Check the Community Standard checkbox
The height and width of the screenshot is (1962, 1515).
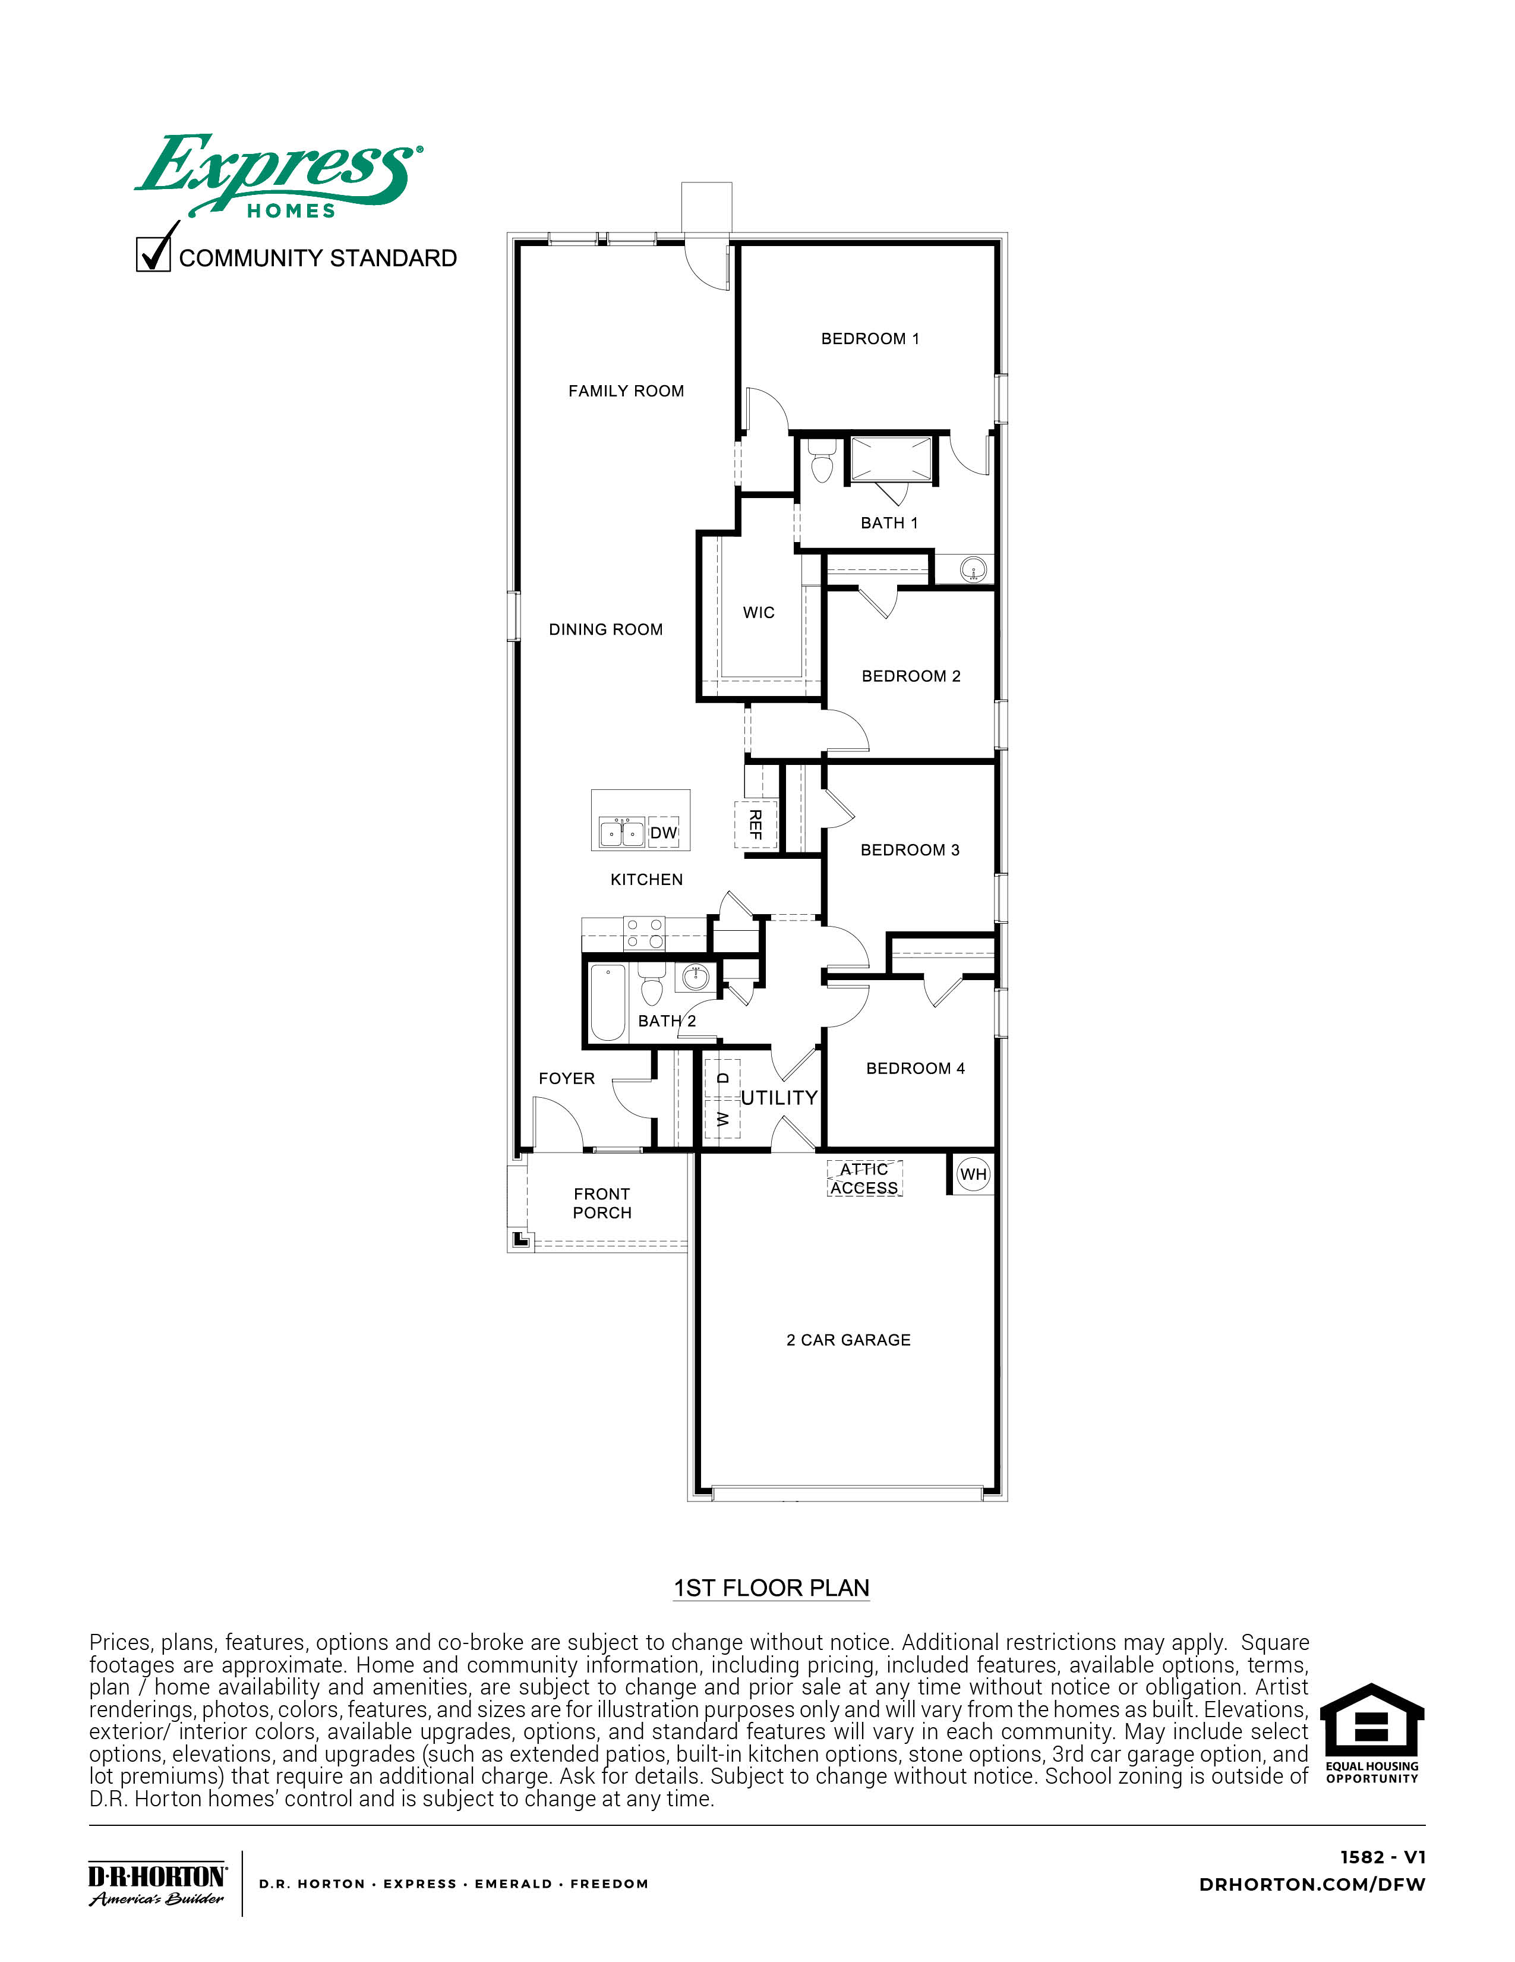pos(153,253)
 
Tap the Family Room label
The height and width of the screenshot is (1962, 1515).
pos(626,390)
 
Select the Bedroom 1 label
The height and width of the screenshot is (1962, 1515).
pos(869,339)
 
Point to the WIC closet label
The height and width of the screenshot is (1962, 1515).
pos(758,613)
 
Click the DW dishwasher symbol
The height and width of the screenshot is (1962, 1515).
pos(663,833)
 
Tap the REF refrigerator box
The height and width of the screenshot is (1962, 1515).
pos(755,824)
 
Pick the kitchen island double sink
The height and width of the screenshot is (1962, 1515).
pos(621,832)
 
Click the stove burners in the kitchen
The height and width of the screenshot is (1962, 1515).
pos(644,933)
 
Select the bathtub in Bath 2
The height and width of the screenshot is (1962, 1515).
pos(607,1003)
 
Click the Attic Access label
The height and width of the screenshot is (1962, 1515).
pos(864,1179)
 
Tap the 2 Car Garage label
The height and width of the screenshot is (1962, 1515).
pos(848,1340)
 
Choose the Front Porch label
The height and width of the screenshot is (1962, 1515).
pos(602,1203)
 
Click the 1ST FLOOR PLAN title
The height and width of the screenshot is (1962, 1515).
pos(771,1588)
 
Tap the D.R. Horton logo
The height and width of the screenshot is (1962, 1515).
pos(157,1884)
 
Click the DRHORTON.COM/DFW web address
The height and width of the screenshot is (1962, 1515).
pos(1311,1884)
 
